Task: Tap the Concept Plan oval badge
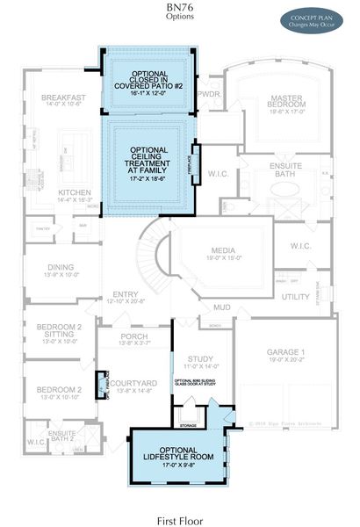click(315, 20)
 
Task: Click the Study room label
click(201, 358)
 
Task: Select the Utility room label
click(294, 299)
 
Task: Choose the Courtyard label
click(133, 383)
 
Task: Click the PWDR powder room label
click(209, 92)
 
